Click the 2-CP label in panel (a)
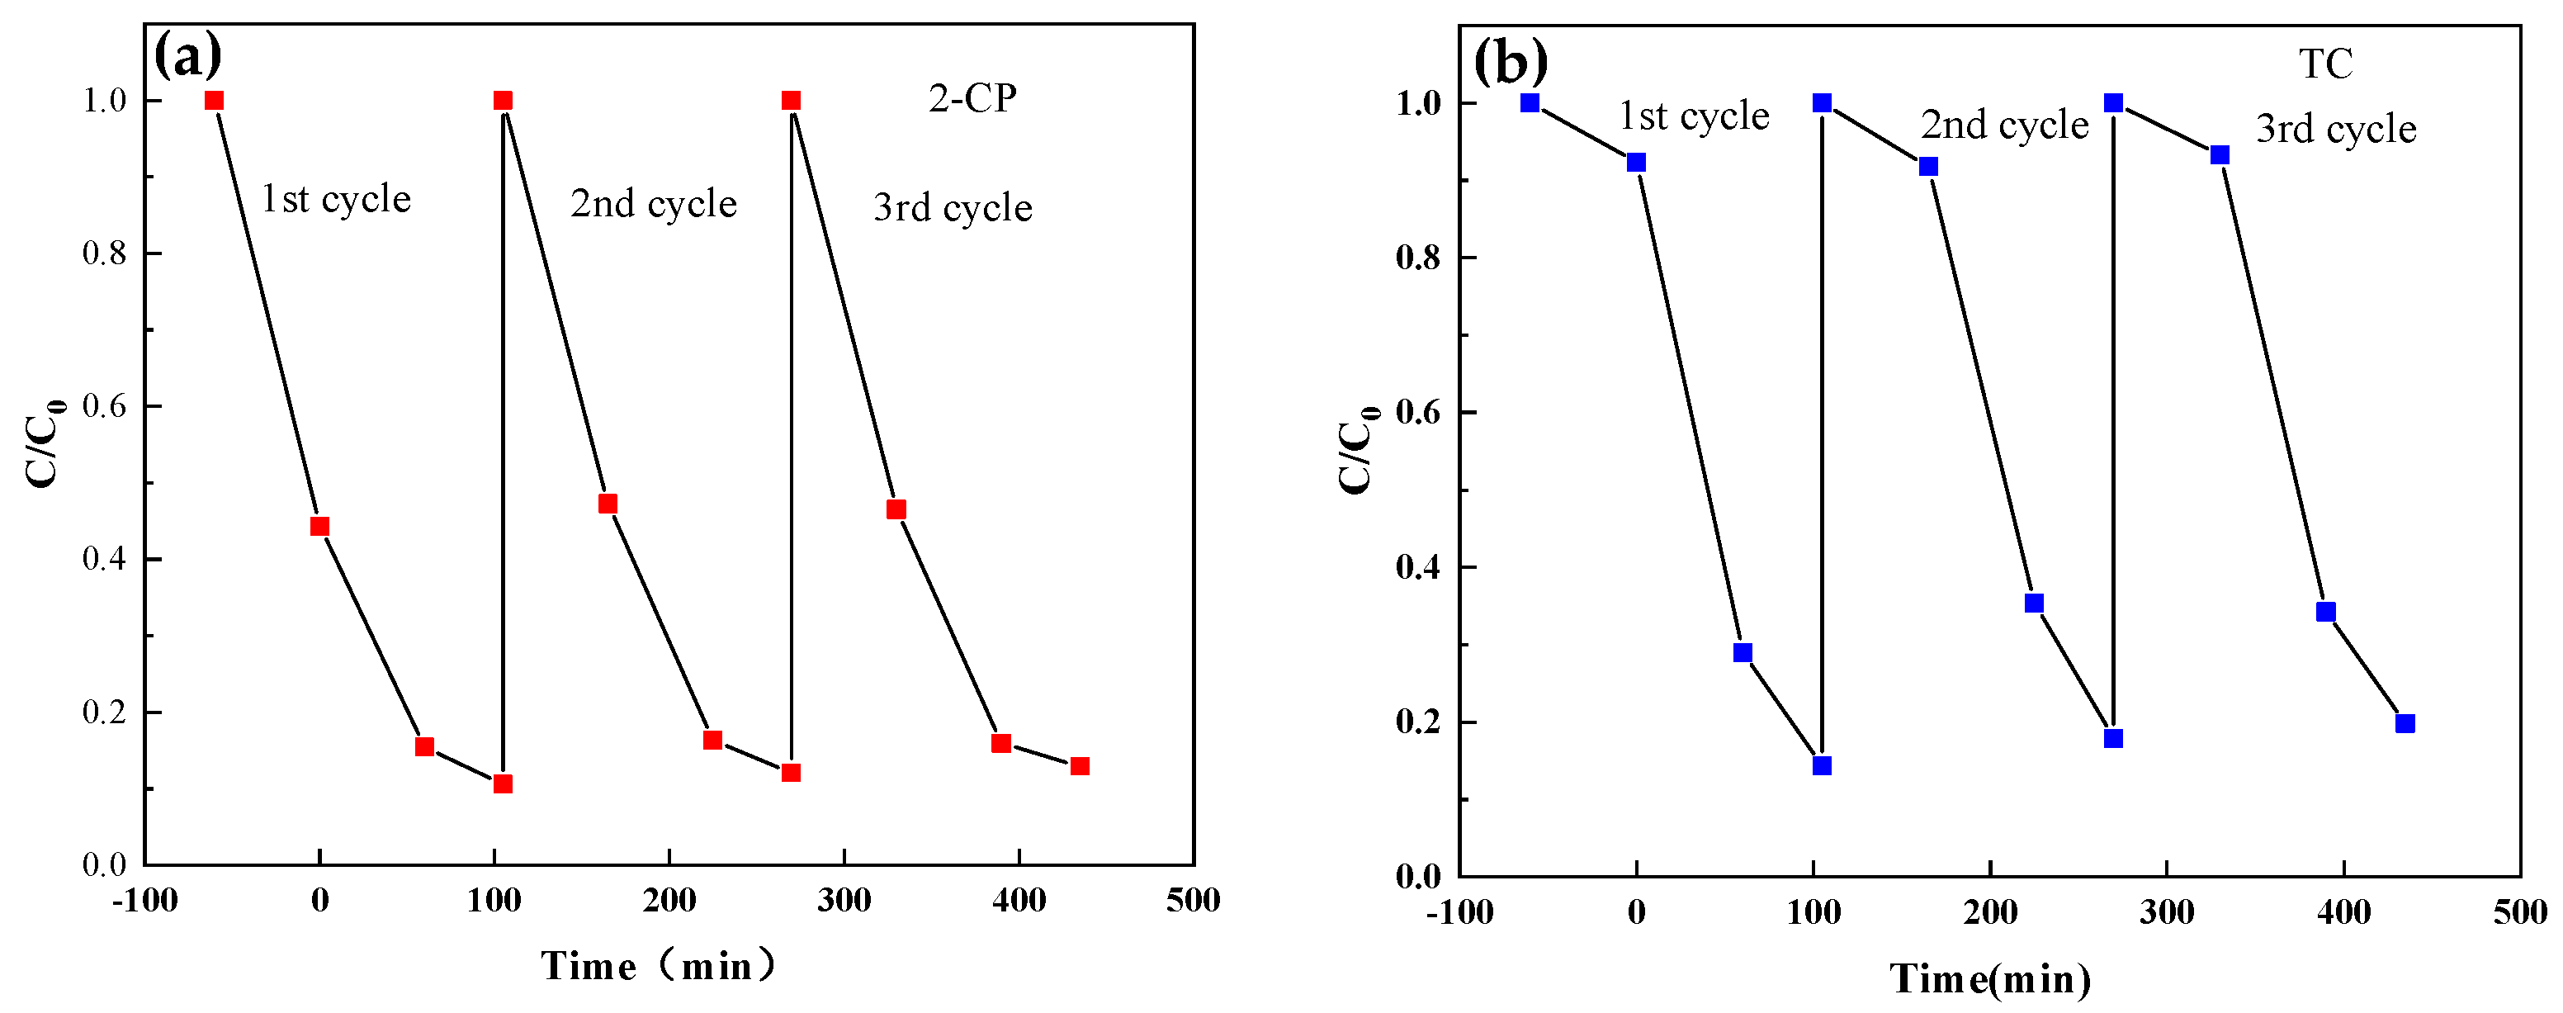click(x=972, y=98)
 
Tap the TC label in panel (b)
click(x=2325, y=64)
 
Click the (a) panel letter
click(x=188, y=55)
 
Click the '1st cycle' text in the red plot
click(x=335, y=199)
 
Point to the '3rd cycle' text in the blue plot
click(x=2335, y=130)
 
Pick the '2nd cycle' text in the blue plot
click(x=2004, y=125)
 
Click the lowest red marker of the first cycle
click(x=503, y=784)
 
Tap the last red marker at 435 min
click(x=1080, y=766)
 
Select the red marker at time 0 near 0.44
click(x=319, y=527)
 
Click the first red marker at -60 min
click(x=214, y=101)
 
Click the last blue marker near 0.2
click(x=2405, y=723)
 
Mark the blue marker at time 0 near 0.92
click(x=1636, y=162)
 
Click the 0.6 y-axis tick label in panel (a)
click(x=105, y=406)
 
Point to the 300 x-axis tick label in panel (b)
click(x=2166, y=911)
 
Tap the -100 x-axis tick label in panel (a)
click(x=144, y=901)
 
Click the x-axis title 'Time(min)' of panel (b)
click(x=1990, y=979)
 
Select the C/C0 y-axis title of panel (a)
click(x=44, y=443)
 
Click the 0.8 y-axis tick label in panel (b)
click(x=1418, y=258)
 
